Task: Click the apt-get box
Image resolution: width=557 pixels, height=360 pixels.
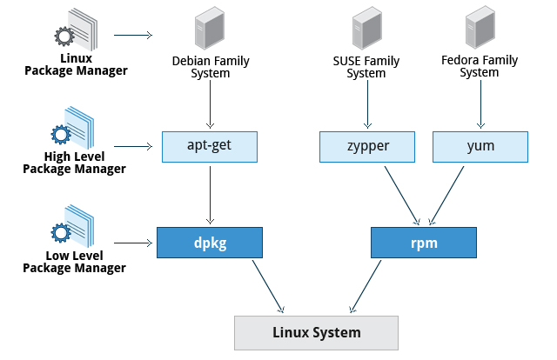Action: [210, 147]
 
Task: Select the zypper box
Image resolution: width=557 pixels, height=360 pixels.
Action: [367, 147]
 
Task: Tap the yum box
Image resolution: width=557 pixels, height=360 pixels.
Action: [480, 147]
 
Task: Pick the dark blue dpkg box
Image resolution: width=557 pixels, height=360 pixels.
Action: [210, 243]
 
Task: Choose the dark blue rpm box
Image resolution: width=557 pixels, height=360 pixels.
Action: [424, 243]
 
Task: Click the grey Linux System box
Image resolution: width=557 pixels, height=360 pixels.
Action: [316, 333]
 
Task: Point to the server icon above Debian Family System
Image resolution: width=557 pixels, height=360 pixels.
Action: [210, 29]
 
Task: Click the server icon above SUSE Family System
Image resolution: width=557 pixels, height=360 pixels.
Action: [367, 29]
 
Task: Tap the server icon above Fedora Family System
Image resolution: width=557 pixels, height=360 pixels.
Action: [480, 28]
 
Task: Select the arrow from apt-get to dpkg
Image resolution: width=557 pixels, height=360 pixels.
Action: [210, 196]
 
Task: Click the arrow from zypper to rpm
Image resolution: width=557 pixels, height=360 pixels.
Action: [402, 196]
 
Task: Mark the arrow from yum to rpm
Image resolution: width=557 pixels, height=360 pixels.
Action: [446, 196]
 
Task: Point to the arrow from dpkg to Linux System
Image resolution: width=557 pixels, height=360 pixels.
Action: [268, 286]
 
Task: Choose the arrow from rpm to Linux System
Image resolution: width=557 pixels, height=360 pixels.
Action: [366, 286]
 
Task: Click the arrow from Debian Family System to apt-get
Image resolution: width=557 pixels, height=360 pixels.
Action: [210, 104]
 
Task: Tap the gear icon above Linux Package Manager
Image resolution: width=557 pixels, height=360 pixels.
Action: [64, 37]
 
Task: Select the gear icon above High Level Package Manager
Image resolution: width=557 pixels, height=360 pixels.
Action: [61, 135]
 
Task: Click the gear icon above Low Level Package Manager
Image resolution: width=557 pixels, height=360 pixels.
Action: [61, 233]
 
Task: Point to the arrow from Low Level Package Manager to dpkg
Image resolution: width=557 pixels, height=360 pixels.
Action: [133, 243]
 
